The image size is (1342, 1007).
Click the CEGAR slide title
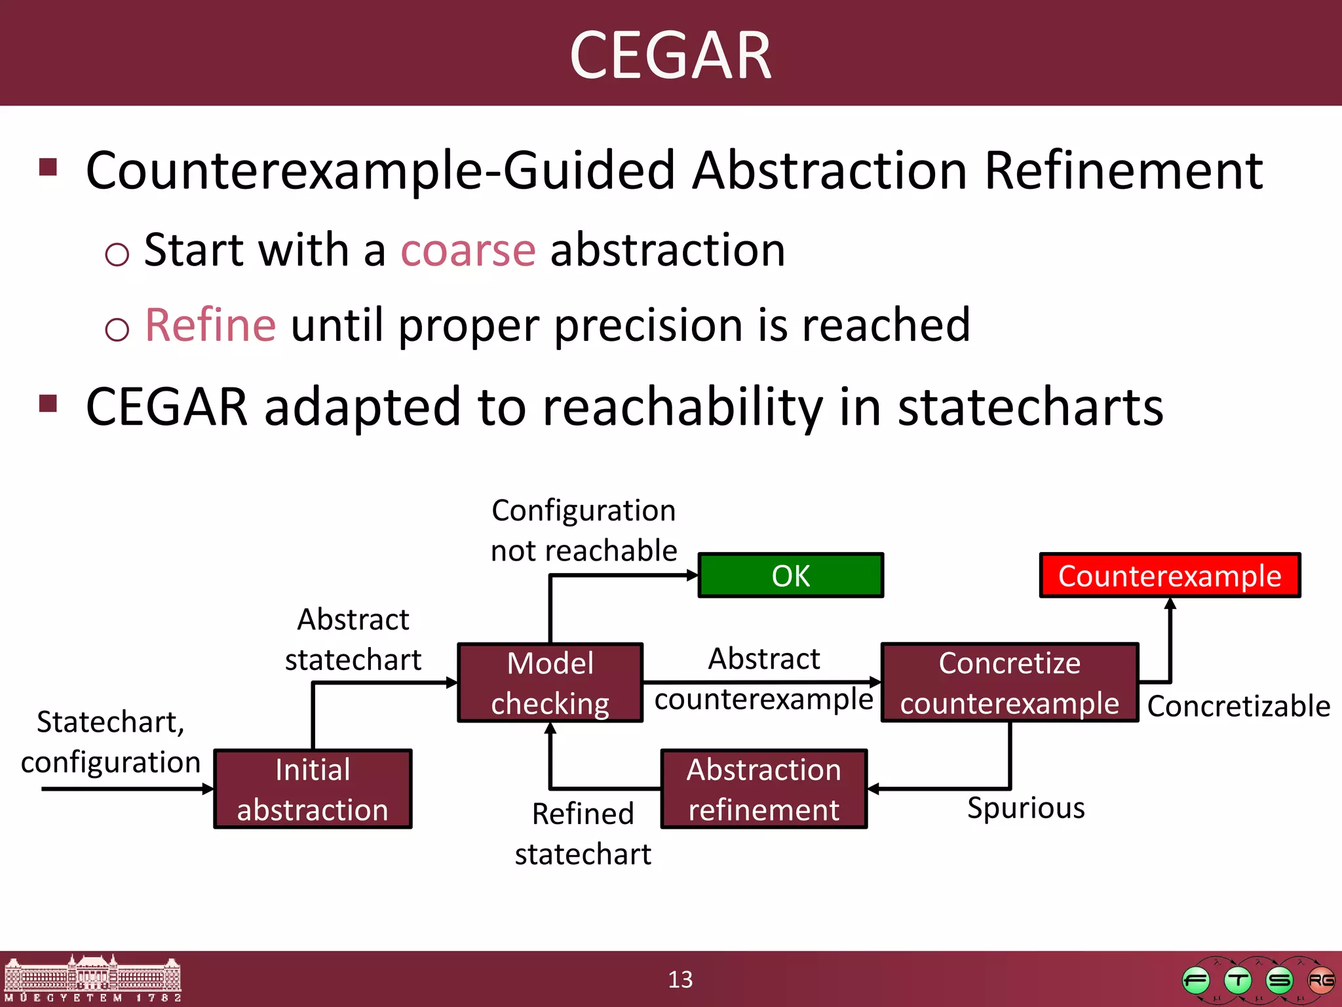[670, 55]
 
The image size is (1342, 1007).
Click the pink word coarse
[468, 250]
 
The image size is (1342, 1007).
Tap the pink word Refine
[210, 325]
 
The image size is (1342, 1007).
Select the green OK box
[790, 576]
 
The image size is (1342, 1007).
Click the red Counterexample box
[1169, 576]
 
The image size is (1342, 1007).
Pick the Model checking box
[550, 682]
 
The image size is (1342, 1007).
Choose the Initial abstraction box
[313, 789]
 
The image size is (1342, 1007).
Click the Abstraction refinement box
[763, 789]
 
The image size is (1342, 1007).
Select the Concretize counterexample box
[1009, 682]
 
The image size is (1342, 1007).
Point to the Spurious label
[1026, 808]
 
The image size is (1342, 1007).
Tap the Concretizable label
[1238, 706]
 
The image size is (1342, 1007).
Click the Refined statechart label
[583, 833]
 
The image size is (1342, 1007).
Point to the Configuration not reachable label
[583, 530]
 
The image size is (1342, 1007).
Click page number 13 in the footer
[680, 979]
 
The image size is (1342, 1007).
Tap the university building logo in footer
[92, 978]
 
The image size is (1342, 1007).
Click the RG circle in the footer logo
[1320, 981]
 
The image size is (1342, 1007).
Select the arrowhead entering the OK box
[693, 576]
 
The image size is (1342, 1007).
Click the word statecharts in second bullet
[1030, 407]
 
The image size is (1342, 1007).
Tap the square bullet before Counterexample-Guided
[48, 167]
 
